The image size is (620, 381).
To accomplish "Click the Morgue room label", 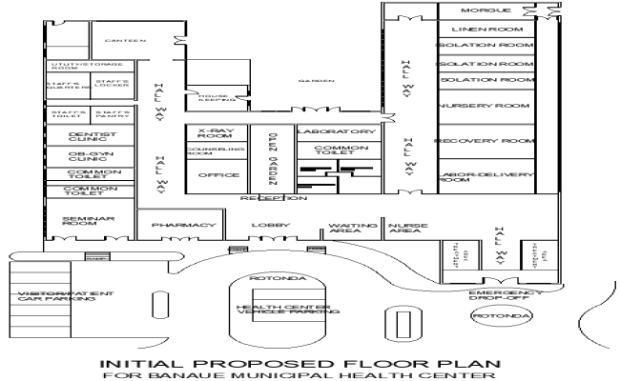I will pos(481,10).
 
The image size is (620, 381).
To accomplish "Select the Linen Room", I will pos(485,30).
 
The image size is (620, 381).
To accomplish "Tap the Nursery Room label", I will pos(483,106).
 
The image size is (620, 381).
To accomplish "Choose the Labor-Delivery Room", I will pos(483,176).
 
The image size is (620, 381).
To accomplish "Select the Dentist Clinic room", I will pos(93,139).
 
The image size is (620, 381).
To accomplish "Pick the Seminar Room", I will pos(89,222).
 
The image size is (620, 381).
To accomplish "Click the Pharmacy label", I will pos(178,226).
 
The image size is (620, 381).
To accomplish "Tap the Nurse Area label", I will pos(405,228).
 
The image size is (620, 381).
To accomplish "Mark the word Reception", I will pos(273,198).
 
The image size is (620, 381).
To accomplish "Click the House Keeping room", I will pos(212,100).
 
